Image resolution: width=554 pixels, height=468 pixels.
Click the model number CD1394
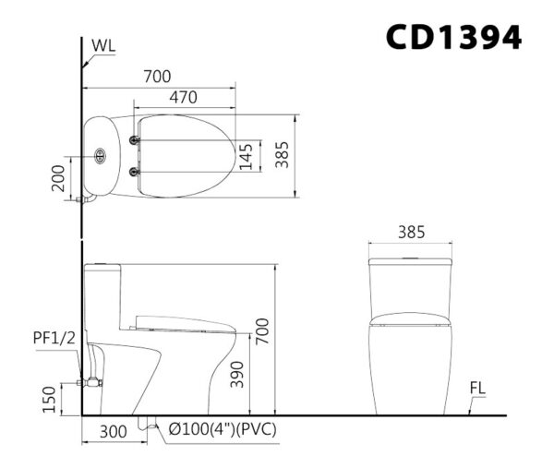pyautogui.click(x=453, y=37)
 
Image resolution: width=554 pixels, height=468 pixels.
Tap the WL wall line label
pyautogui.click(x=103, y=45)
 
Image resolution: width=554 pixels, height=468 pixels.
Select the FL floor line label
pyautogui.click(x=477, y=389)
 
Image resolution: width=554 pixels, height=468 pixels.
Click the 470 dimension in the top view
pyautogui.click(x=183, y=98)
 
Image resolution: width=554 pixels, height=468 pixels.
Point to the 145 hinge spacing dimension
pyautogui.click(x=247, y=157)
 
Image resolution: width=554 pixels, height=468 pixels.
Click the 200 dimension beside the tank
pyautogui.click(x=58, y=178)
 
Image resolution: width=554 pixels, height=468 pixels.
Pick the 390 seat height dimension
pyautogui.click(x=237, y=375)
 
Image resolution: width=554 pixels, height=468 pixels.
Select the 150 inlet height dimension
pyautogui.click(x=50, y=400)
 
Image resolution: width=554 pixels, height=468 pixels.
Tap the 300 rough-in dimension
pyautogui.click(x=113, y=432)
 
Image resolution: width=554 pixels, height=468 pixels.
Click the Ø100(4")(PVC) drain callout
pyautogui.click(x=223, y=429)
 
